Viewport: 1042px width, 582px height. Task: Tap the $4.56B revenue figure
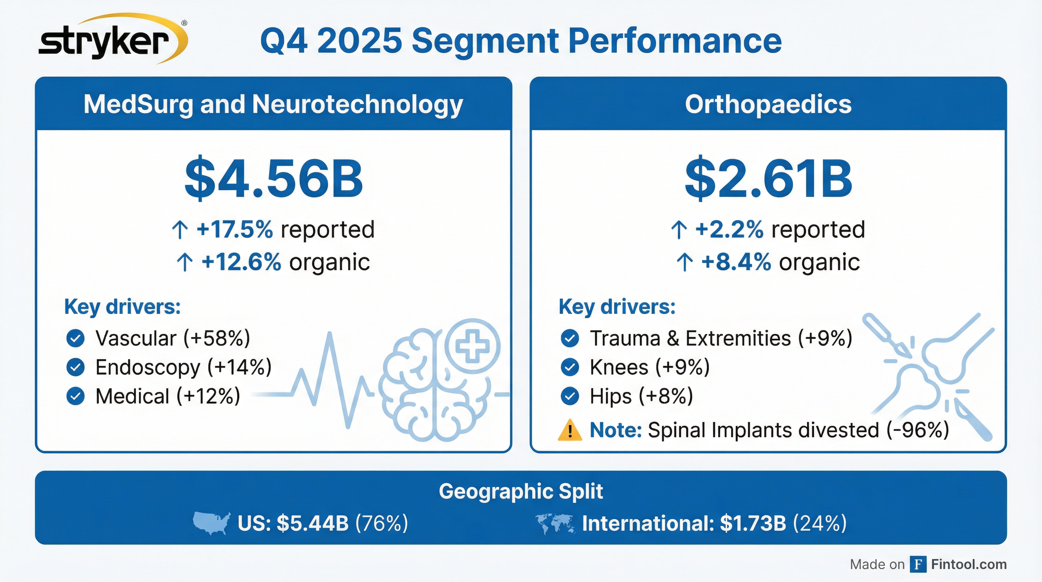click(x=273, y=179)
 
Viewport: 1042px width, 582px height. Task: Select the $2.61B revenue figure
click(x=768, y=179)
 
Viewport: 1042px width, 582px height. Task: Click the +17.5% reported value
click(x=235, y=230)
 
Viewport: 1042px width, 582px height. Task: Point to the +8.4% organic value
click(x=736, y=262)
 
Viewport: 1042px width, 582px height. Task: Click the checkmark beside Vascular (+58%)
click(x=75, y=338)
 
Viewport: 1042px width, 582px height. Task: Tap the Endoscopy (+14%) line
click(x=183, y=367)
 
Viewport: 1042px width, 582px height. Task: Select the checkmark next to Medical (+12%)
click(x=75, y=396)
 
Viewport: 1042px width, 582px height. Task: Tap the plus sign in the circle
click(x=472, y=346)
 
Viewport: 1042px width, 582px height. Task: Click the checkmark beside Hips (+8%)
click(x=570, y=396)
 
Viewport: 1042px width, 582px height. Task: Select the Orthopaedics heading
click(x=768, y=105)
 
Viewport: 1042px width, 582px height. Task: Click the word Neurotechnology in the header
click(x=357, y=105)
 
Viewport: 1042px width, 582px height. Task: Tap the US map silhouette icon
click(x=212, y=523)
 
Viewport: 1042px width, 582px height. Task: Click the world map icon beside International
click(x=555, y=523)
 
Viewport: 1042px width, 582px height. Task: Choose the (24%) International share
click(x=819, y=523)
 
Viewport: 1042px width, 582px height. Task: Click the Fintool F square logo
click(x=918, y=564)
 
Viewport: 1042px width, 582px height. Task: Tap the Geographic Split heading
click(x=521, y=491)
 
